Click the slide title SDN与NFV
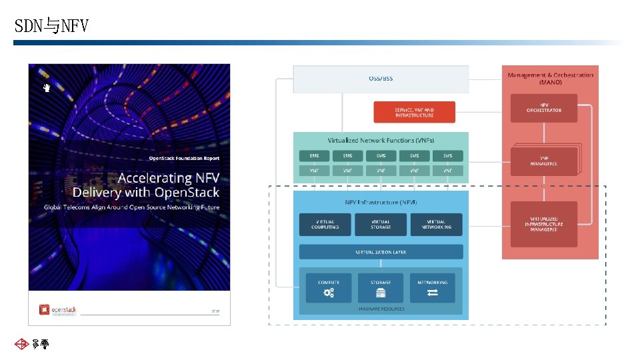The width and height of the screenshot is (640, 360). click(51, 26)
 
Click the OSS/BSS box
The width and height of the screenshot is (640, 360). click(381, 79)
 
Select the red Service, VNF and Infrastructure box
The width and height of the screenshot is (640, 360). click(414, 112)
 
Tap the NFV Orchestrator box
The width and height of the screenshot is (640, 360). click(544, 108)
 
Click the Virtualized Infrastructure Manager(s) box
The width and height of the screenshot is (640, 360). click(544, 224)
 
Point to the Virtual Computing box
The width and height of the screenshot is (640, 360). click(325, 225)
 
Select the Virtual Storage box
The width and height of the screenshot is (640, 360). click(381, 225)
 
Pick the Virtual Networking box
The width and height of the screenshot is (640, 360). click(437, 225)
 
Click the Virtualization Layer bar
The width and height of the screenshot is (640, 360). click(381, 252)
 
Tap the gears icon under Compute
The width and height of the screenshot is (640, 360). click(329, 293)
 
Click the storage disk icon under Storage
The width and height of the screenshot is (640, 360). click(381, 293)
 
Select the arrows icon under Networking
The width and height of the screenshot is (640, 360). click(433, 293)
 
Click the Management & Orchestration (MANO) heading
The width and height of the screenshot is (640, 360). click(550, 79)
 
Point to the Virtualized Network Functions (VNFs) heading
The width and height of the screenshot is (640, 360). click(381, 141)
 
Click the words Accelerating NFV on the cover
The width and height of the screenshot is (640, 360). click(168, 178)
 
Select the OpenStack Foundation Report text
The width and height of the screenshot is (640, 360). click(183, 158)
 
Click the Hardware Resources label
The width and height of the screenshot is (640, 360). click(381, 309)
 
